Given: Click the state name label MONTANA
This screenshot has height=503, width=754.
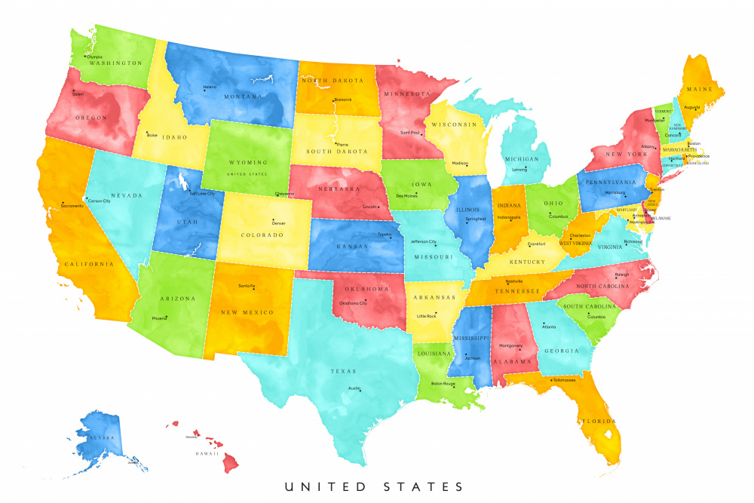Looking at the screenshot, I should [244, 97].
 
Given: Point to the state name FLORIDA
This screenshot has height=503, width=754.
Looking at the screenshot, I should [597, 421].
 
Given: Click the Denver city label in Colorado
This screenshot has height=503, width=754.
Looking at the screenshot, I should [278, 223].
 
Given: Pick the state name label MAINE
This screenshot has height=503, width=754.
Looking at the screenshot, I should [698, 90].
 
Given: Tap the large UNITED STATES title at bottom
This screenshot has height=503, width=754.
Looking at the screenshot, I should [375, 486].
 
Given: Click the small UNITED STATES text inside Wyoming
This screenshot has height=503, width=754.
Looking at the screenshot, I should [247, 174].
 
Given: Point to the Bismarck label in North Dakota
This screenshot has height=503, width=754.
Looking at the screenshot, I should [342, 100].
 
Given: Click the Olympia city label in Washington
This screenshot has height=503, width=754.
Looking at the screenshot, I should [94, 57].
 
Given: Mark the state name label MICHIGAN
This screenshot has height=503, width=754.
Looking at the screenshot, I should [522, 159].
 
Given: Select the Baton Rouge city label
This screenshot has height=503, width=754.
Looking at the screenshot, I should [443, 384].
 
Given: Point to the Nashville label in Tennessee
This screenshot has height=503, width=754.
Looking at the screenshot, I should [515, 281].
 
